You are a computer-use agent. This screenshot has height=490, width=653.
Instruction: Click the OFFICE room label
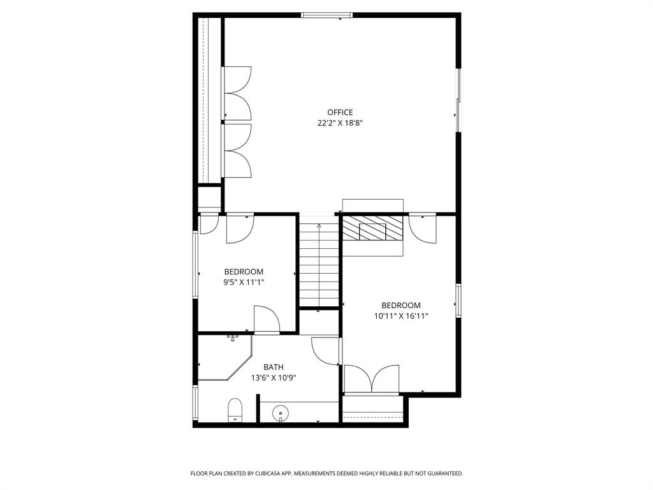click(340, 113)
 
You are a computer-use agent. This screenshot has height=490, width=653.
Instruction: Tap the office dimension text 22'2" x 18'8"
click(340, 124)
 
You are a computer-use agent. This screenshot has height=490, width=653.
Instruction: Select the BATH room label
click(274, 367)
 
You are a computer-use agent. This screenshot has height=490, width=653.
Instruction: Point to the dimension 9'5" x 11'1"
click(243, 282)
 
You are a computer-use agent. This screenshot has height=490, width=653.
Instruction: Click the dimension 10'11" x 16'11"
click(400, 315)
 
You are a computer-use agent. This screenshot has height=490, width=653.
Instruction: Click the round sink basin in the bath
click(280, 415)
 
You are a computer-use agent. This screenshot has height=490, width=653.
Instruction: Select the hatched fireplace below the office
click(372, 229)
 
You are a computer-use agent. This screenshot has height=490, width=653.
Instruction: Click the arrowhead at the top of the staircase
click(319, 226)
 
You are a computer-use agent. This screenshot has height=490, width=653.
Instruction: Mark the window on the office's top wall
click(326, 15)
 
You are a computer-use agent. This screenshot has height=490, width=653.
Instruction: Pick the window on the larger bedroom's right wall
click(458, 300)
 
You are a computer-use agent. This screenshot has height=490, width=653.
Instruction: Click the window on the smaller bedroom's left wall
click(196, 264)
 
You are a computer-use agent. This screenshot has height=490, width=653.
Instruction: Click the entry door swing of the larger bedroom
click(422, 228)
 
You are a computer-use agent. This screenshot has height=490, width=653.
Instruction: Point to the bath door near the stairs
click(326, 352)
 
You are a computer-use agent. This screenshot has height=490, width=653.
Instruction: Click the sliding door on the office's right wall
click(457, 100)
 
